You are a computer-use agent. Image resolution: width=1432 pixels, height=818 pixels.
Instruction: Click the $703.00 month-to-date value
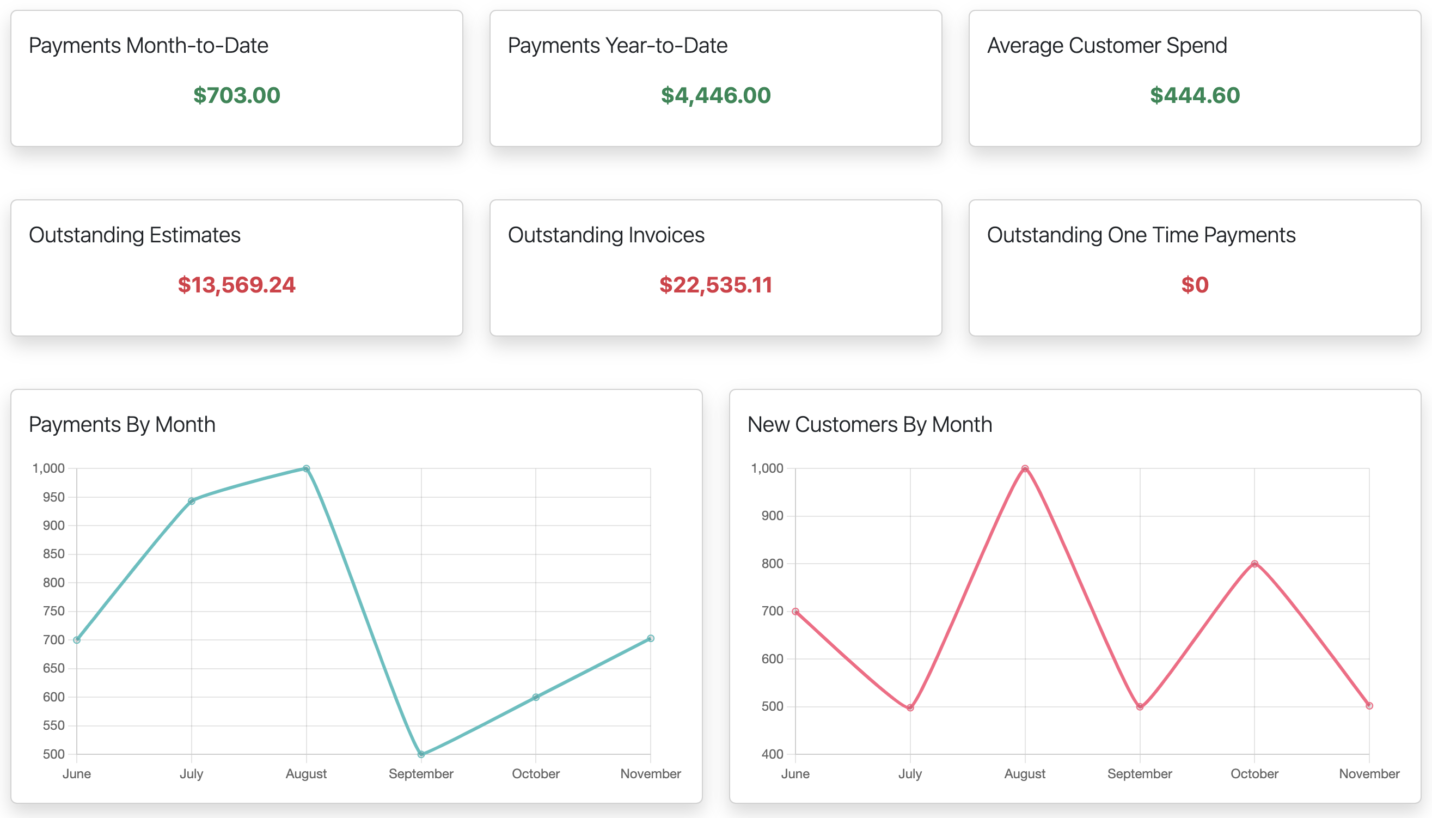(236, 95)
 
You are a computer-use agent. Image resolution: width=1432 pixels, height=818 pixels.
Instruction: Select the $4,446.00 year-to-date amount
(715, 95)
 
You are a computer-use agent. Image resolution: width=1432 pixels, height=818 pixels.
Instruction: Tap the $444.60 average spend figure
(1195, 95)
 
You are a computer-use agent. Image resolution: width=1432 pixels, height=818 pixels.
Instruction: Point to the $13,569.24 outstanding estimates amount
(236, 285)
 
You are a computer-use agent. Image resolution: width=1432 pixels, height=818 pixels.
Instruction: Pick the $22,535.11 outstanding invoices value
(715, 285)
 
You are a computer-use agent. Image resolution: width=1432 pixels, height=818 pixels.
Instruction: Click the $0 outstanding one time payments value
(1195, 285)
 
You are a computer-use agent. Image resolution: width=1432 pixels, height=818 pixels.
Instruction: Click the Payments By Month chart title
(122, 425)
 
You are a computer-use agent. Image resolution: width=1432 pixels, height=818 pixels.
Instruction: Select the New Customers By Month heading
(870, 425)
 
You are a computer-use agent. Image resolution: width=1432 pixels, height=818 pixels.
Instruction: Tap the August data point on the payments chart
(306, 468)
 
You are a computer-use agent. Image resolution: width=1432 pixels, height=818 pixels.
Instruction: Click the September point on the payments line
(421, 754)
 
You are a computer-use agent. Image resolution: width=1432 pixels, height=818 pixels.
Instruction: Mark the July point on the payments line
(192, 501)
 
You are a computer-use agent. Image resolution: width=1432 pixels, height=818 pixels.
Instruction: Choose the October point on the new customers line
(1254, 564)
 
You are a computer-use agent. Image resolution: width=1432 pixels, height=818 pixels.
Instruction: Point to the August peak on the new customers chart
(1025, 468)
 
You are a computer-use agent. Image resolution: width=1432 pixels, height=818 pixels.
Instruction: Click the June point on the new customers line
(795, 611)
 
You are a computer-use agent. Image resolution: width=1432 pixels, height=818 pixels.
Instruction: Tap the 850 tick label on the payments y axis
(53, 554)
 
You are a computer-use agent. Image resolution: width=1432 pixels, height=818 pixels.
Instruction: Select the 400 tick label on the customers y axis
(772, 754)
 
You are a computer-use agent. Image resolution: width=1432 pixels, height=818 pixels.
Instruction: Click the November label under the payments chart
(650, 774)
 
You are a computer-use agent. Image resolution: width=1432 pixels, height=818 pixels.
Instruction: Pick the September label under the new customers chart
(1140, 774)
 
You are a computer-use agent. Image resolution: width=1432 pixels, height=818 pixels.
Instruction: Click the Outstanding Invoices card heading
(606, 235)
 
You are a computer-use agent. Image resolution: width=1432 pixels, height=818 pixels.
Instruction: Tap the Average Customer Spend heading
(1107, 46)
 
